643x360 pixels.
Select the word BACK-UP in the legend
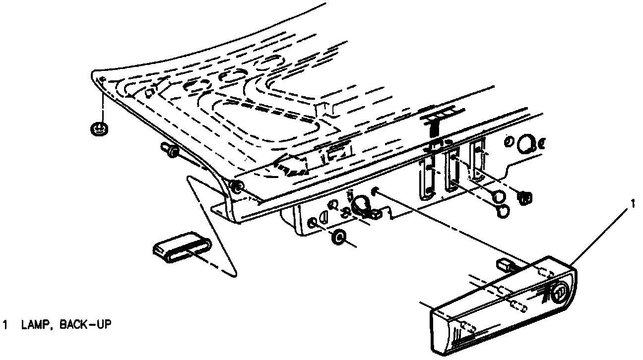coord(85,325)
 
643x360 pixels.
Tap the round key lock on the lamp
coord(560,293)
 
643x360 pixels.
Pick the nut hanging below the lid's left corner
coord(100,129)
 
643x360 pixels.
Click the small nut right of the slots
coord(525,198)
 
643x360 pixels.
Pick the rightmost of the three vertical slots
coord(476,160)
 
